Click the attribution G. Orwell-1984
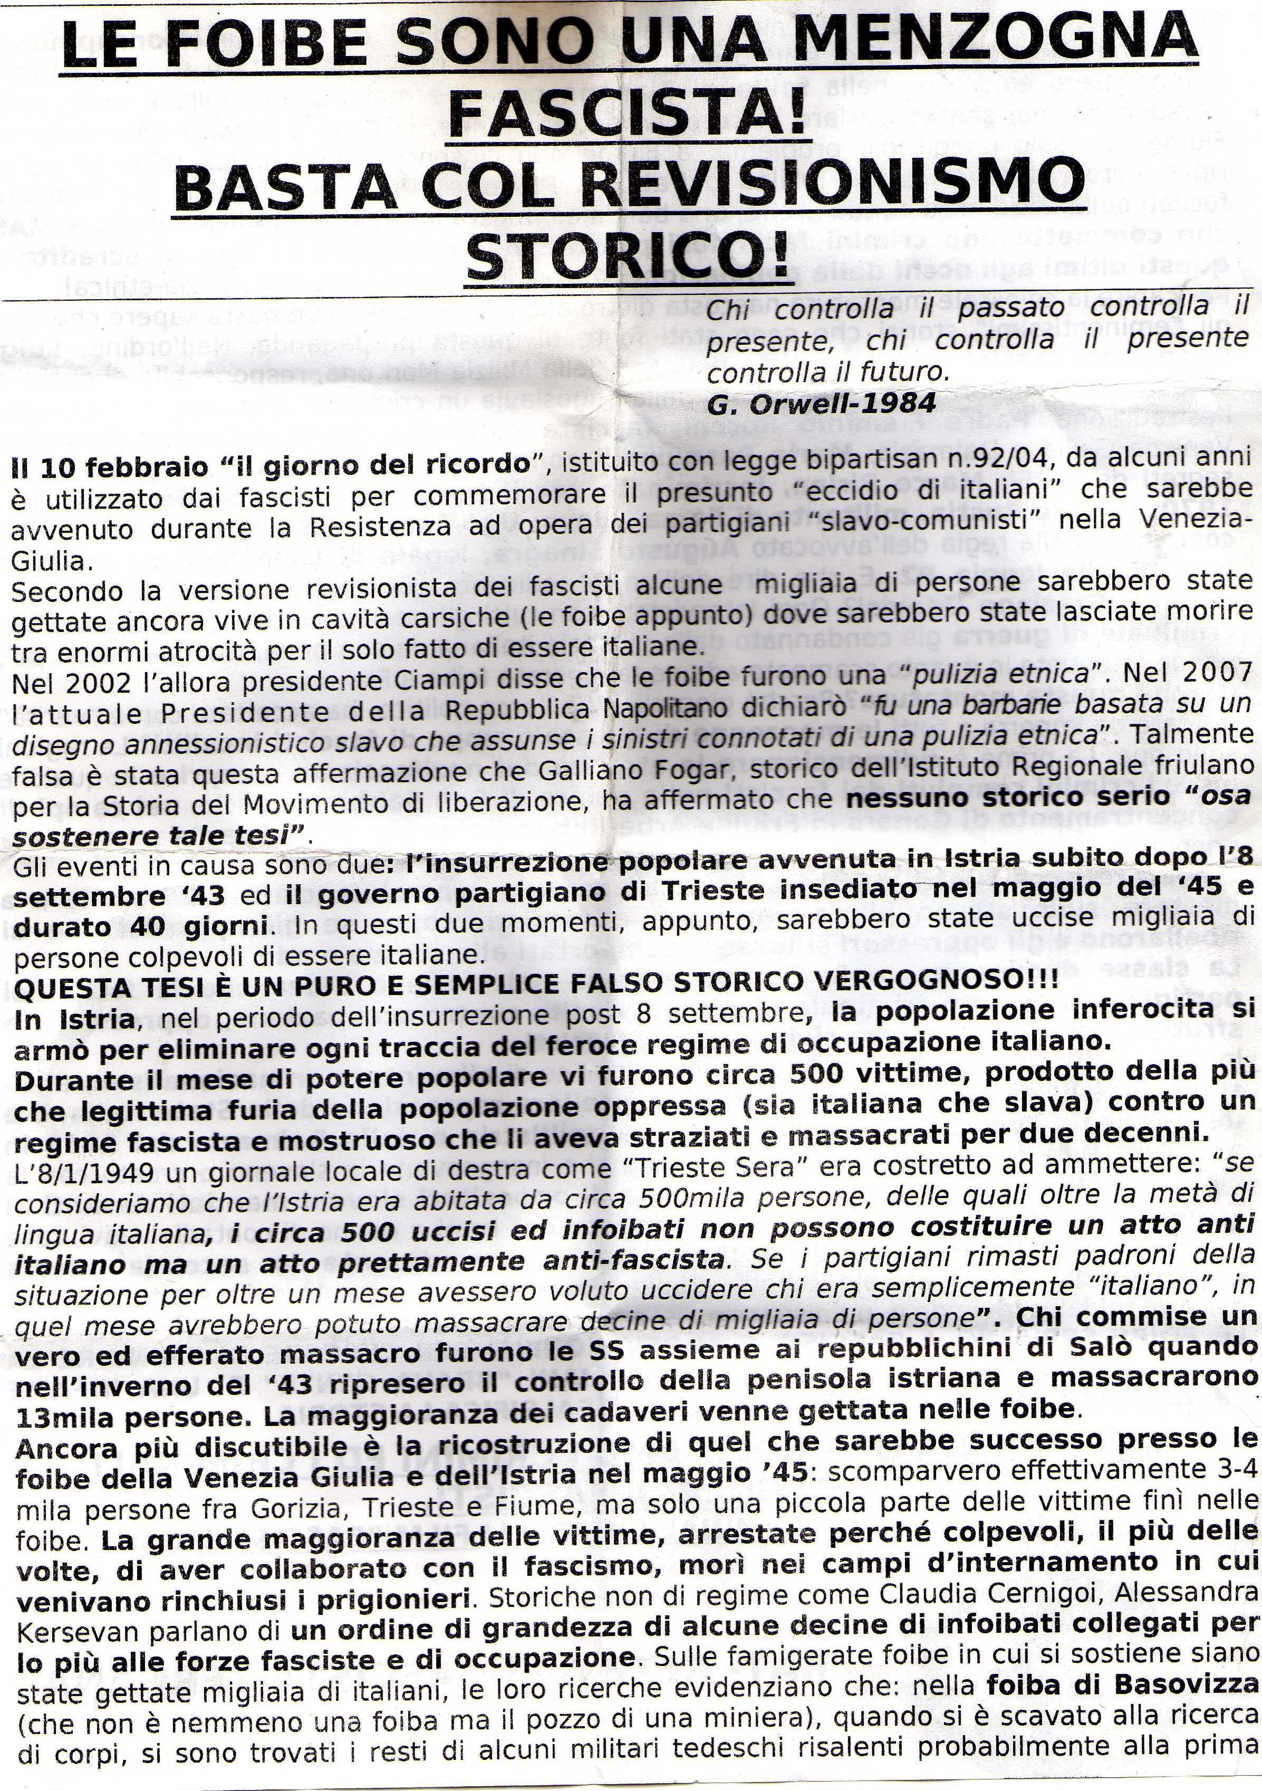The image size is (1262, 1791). point(821,403)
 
